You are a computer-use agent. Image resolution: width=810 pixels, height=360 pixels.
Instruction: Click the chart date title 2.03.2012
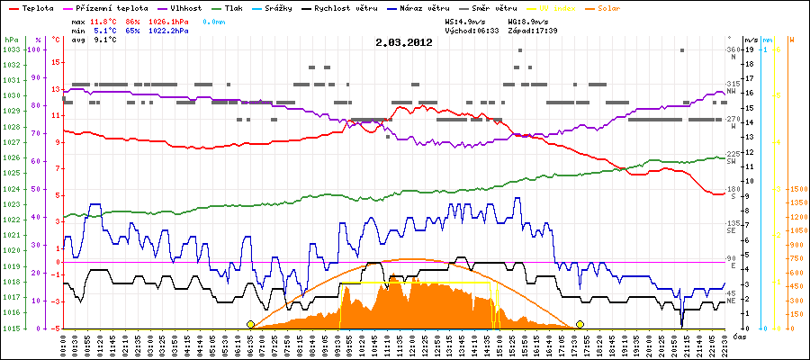click(x=406, y=42)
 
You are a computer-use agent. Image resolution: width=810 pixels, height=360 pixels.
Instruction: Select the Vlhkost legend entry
click(x=184, y=7)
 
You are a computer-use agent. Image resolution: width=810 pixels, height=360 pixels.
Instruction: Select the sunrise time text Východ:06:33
click(x=472, y=30)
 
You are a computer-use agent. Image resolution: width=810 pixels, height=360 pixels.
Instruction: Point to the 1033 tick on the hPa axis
click(x=11, y=50)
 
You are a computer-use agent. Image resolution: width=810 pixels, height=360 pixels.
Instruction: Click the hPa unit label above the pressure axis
click(x=10, y=40)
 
